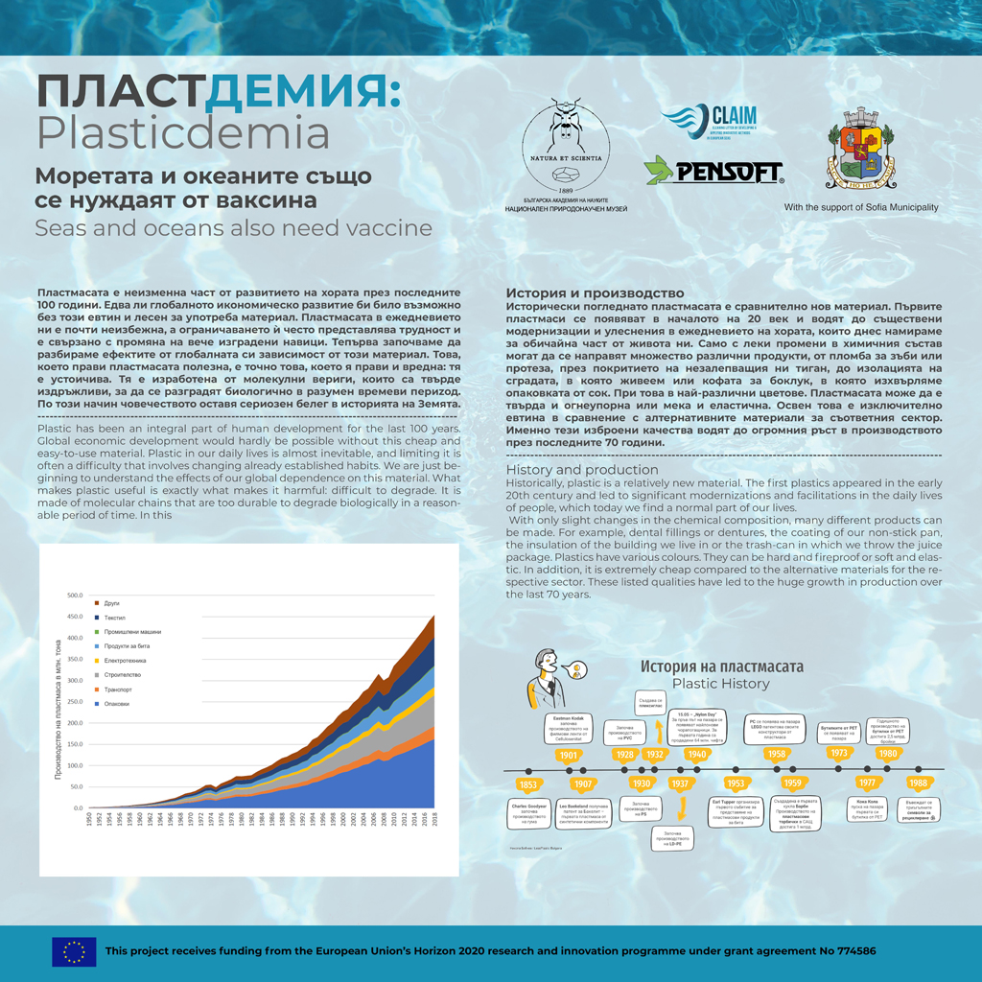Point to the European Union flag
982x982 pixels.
[x=74, y=950]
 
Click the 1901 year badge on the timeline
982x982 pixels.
[x=569, y=755]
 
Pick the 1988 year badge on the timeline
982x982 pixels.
[x=917, y=783]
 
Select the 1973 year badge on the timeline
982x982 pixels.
[x=839, y=754]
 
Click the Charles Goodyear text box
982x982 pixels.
[x=528, y=811]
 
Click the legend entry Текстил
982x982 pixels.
[x=114, y=618]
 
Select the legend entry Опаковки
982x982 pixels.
[x=116, y=704]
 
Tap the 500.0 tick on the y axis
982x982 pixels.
[x=75, y=596]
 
